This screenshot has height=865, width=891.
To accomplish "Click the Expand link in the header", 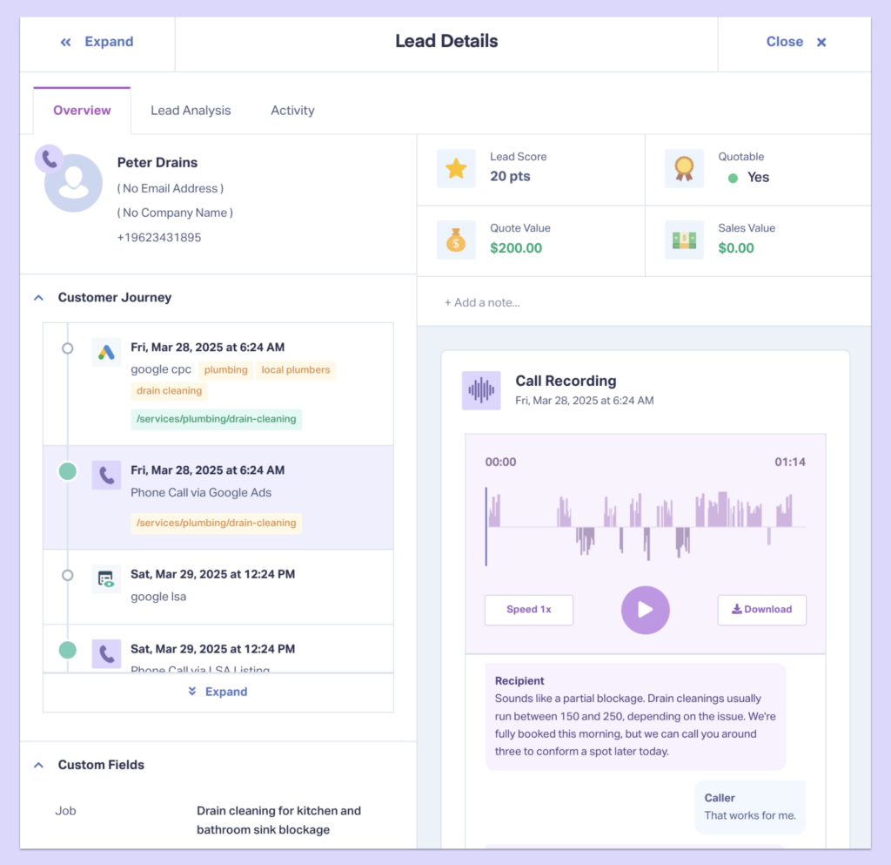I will click(97, 42).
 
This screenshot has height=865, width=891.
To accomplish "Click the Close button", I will click(795, 42).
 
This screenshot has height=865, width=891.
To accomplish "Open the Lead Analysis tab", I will click(191, 111).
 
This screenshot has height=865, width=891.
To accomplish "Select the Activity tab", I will click(292, 111).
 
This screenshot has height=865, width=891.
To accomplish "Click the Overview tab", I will click(82, 111).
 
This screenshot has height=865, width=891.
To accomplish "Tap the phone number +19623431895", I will click(159, 237).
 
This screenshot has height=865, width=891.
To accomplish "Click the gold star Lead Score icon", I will click(456, 168).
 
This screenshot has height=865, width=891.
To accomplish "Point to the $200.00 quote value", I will click(516, 248).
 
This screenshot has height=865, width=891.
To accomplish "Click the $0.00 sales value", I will click(736, 248).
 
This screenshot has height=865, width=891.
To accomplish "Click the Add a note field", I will click(482, 302).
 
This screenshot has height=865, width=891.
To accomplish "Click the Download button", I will click(761, 610).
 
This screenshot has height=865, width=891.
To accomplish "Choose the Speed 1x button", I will click(529, 610).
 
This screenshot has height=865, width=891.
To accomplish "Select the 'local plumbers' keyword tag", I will click(296, 370).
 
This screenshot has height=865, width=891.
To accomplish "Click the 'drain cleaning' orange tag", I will click(169, 391).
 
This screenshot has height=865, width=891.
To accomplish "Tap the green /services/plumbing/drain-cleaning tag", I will click(217, 419).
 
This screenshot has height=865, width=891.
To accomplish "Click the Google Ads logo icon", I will click(106, 353).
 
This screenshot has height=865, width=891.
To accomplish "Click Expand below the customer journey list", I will click(218, 692).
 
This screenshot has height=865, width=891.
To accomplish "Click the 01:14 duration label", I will click(790, 462).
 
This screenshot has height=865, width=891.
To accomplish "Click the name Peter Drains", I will click(157, 163).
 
